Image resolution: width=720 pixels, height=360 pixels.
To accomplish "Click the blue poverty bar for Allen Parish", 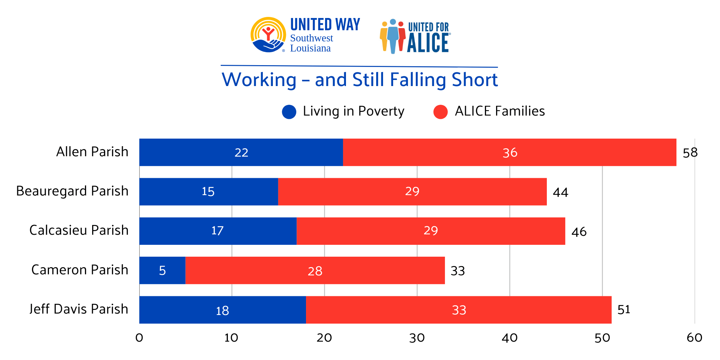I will click(x=241, y=152).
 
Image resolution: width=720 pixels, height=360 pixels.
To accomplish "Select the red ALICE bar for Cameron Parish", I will click(x=315, y=270).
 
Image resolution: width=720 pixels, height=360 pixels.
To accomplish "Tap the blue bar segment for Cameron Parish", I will click(x=162, y=270).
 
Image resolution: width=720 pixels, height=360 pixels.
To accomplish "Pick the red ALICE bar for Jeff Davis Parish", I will click(x=459, y=310).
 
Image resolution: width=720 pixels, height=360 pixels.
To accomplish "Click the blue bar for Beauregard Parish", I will click(x=208, y=192).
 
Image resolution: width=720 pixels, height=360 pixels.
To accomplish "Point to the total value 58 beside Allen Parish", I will click(x=690, y=153).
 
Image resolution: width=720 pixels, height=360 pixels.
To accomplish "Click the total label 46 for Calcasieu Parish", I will click(x=579, y=231).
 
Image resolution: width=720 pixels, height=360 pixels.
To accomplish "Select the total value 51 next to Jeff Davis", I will click(x=624, y=310).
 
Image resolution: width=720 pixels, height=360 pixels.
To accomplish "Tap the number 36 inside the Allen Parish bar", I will click(x=510, y=153).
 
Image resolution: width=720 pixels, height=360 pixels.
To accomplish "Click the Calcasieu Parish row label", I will click(x=79, y=230).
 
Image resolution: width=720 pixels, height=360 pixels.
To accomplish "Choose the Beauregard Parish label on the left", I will click(x=72, y=191).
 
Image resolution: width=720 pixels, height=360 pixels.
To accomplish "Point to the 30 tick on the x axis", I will click(x=417, y=338).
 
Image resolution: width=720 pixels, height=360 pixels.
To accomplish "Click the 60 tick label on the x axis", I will click(x=694, y=338).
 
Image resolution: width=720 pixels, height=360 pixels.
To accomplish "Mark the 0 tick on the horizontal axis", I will click(x=139, y=338).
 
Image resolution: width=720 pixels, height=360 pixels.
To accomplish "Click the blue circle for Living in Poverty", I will click(x=289, y=112).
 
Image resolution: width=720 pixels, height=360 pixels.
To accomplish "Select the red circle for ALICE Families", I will click(x=440, y=112).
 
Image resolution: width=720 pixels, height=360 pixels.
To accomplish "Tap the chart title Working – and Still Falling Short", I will click(x=360, y=80).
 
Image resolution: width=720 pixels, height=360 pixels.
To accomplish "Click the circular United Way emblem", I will click(x=268, y=35).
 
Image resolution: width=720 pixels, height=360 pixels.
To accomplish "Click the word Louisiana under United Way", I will click(x=310, y=48).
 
